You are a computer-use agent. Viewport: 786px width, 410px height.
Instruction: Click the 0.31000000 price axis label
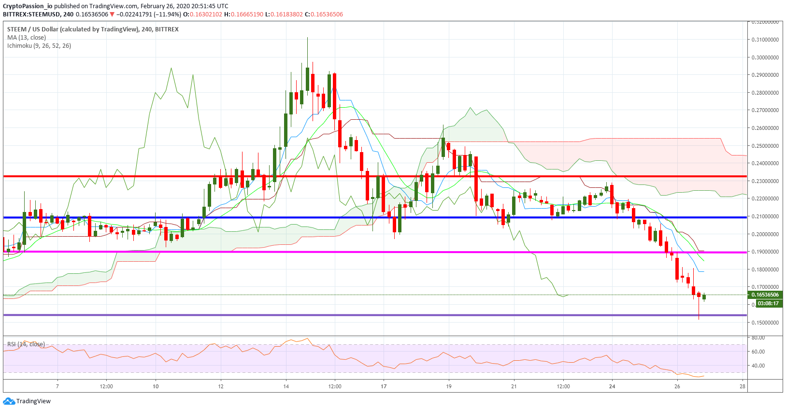pyautogui.click(x=765, y=40)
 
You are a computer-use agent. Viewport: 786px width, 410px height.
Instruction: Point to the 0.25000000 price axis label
pyautogui.click(x=765, y=146)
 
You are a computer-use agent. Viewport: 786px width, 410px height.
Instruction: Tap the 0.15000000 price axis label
pyautogui.click(x=765, y=323)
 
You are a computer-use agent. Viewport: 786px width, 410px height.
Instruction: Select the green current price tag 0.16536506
pyautogui.click(x=765, y=295)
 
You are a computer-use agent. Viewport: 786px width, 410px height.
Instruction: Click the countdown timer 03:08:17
pyautogui.click(x=768, y=304)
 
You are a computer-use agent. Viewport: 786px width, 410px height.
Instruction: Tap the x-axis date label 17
pyautogui.click(x=384, y=386)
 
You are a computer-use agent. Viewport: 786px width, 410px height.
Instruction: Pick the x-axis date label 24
pyautogui.click(x=612, y=386)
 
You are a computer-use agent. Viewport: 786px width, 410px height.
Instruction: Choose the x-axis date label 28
pyautogui.click(x=743, y=386)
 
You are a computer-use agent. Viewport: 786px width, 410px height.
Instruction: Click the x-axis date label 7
pyautogui.click(x=57, y=386)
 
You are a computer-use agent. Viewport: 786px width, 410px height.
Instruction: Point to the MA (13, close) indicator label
pyautogui.click(x=27, y=38)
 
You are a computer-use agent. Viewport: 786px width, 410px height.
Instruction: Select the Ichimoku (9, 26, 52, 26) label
pyautogui.click(x=39, y=46)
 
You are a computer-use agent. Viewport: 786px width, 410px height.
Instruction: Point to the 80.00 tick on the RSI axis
pyautogui.click(x=758, y=338)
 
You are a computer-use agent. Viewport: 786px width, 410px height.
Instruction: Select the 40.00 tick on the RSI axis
pyautogui.click(x=758, y=366)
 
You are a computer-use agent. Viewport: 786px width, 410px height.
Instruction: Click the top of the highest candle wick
pyautogui.click(x=307, y=38)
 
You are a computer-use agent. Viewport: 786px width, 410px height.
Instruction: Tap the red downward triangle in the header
pyautogui.click(x=112, y=14)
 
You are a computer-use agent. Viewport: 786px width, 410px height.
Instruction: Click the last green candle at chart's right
pyautogui.click(x=704, y=297)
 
